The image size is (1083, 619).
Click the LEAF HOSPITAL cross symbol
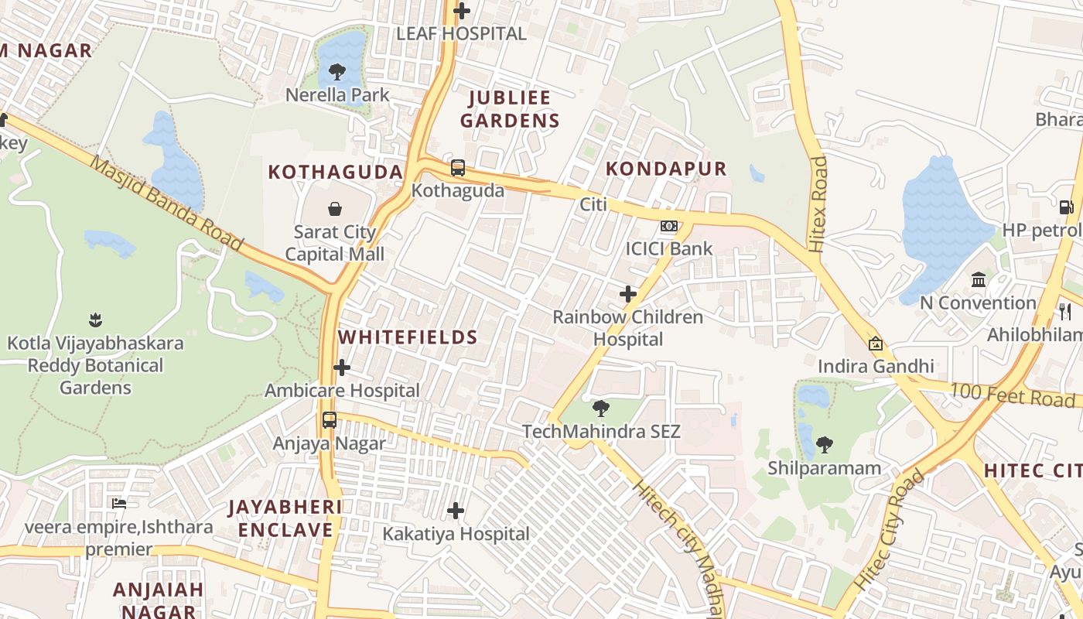pyautogui.click(x=462, y=11)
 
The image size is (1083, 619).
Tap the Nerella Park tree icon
pyautogui.click(x=337, y=73)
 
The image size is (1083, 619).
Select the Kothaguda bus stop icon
pyautogui.click(x=458, y=167)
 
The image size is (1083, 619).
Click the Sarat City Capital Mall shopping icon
pyautogui.click(x=335, y=209)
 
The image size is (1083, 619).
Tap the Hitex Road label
pyautogui.click(x=818, y=204)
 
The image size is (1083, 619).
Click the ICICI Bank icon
pyautogui.click(x=669, y=226)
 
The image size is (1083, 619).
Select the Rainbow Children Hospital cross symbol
pyautogui.click(x=628, y=294)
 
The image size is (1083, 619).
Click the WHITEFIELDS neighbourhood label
pyautogui.click(x=408, y=337)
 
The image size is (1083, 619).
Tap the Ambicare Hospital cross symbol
pyautogui.click(x=342, y=368)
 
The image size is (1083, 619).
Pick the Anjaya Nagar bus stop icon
pyautogui.click(x=330, y=420)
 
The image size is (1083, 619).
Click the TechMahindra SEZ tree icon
pyautogui.click(x=600, y=408)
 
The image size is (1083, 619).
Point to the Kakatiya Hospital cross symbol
pyautogui.click(x=456, y=511)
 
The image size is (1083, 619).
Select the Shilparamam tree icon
pyautogui.click(x=825, y=445)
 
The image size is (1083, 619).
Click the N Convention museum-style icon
pyautogui.click(x=979, y=279)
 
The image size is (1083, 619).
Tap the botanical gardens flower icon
pyautogui.click(x=95, y=319)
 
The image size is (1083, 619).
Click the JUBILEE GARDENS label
pyautogui.click(x=509, y=109)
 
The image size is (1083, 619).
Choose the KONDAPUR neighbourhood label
pyautogui.click(x=666, y=169)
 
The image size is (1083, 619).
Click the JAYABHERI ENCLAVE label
pyautogui.click(x=285, y=518)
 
